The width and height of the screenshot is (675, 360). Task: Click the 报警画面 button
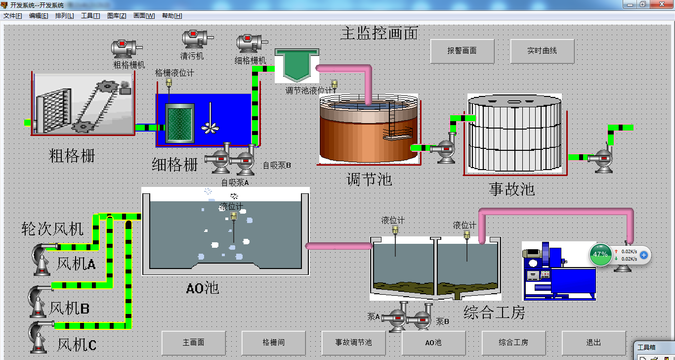click(462, 51)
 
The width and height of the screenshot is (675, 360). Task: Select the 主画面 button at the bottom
click(194, 342)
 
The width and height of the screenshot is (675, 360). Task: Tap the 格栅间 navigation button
click(273, 342)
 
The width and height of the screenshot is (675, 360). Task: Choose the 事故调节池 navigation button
click(353, 342)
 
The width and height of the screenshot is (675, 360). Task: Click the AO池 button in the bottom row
click(433, 342)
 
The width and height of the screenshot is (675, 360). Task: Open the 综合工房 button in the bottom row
click(513, 342)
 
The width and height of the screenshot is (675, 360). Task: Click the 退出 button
click(593, 342)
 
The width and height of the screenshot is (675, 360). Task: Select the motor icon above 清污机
click(196, 39)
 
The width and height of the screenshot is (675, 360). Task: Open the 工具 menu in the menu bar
click(90, 16)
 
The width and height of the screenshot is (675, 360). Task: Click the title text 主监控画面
click(379, 33)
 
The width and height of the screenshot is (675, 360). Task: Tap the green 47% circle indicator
click(600, 254)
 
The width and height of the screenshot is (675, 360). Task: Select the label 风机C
click(77, 344)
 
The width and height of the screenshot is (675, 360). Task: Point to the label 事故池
click(512, 188)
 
